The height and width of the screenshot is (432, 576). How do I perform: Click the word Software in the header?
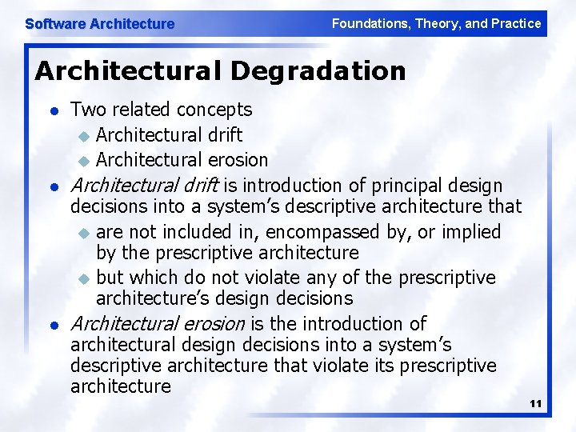[54, 24]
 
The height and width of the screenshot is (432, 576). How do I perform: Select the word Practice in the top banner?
[515, 24]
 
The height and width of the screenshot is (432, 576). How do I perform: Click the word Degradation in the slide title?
[318, 71]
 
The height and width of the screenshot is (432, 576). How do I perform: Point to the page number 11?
[535, 404]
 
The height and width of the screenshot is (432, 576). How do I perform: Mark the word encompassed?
[319, 232]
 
